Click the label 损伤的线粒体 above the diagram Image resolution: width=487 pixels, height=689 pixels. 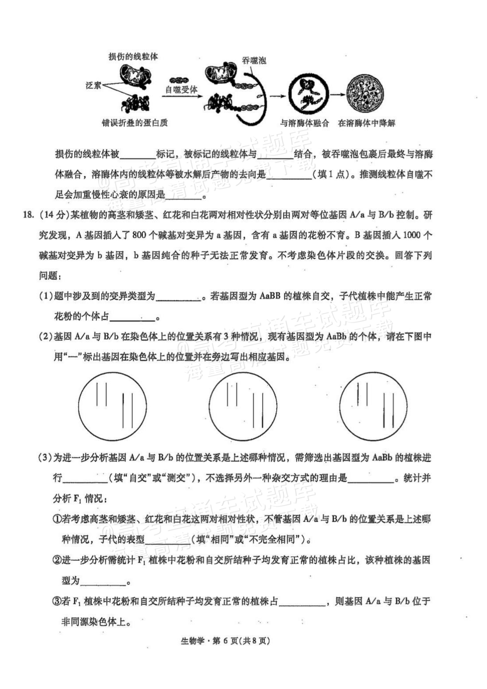[133, 57]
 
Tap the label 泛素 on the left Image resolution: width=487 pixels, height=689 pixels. [93, 85]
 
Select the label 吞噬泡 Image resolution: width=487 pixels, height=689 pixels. [254, 61]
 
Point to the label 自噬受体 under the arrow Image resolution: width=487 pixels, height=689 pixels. [181, 89]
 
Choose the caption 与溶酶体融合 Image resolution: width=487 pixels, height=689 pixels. [304, 123]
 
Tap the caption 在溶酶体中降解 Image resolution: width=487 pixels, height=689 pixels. [367, 123]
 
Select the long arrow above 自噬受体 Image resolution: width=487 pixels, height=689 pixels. [182, 96]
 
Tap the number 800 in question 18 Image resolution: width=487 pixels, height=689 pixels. [139, 235]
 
